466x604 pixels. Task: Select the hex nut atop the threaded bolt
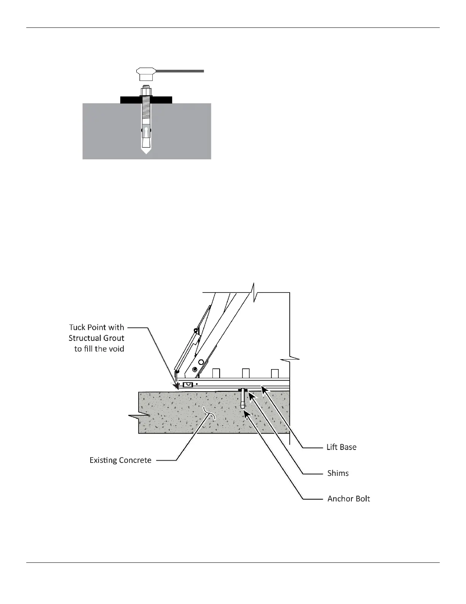[146, 92]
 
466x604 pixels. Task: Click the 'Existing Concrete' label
[120, 460]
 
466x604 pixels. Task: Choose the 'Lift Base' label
[342, 447]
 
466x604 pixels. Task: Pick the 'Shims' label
[338, 473]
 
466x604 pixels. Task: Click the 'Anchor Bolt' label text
[348, 499]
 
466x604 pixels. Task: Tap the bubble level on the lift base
[188, 384]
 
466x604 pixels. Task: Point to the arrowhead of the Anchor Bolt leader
[247, 413]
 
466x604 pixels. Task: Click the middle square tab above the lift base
[246, 373]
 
